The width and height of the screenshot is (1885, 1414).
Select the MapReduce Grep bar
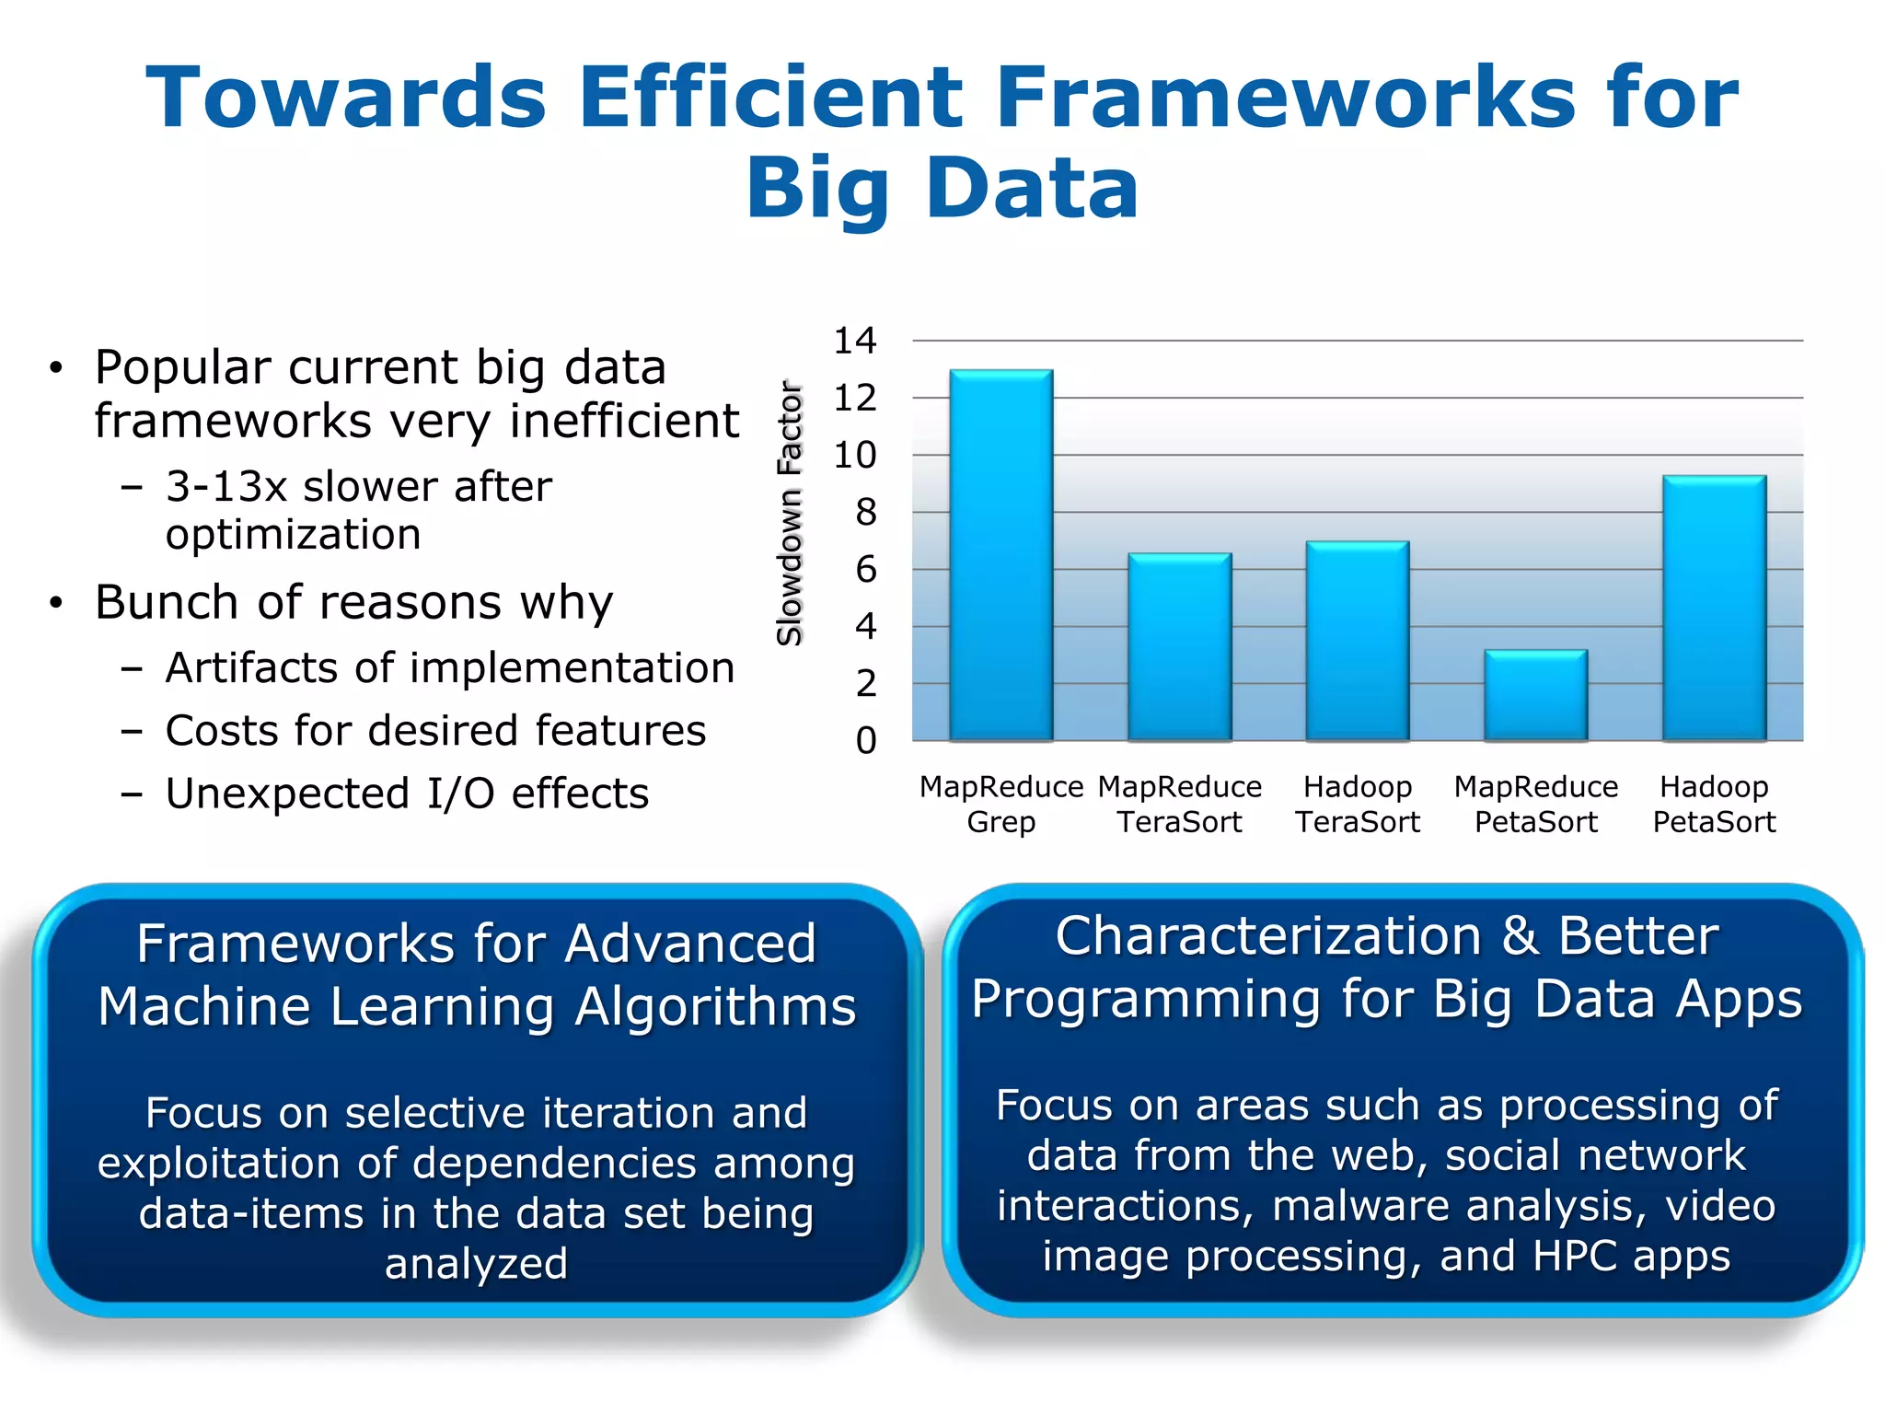[1001, 555]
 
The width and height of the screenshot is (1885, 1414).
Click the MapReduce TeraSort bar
[1179, 647]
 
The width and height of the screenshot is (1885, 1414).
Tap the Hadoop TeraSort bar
[1358, 641]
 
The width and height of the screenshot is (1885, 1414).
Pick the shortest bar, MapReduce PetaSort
[1535, 695]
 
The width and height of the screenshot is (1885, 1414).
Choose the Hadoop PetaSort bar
[1714, 608]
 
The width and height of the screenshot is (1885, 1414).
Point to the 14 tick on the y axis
[855, 341]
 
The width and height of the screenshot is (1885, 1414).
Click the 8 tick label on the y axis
[865, 513]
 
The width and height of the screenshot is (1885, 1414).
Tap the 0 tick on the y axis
[865, 741]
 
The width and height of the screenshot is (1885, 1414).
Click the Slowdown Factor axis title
[790, 513]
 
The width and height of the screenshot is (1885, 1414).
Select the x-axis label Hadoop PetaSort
[1714, 804]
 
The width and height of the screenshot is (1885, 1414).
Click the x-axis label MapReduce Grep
[1001, 804]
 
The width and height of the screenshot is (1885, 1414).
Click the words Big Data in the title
[942, 188]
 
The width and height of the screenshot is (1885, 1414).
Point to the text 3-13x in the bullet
[226, 486]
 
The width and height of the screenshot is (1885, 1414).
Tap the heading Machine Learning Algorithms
[477, 1005]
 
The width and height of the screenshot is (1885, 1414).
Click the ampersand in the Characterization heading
[1520, 936]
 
